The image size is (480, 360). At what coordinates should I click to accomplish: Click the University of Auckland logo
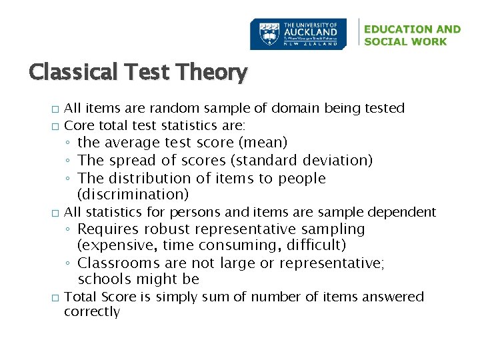(298, 34)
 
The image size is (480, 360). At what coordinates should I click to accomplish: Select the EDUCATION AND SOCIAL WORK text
(412, 35)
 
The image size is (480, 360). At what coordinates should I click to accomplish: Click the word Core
(79, 125)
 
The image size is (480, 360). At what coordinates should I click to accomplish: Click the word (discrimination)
(133, 195)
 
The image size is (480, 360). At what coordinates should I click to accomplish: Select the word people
(303, 179)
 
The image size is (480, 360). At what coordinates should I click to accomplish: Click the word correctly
(92, 312)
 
